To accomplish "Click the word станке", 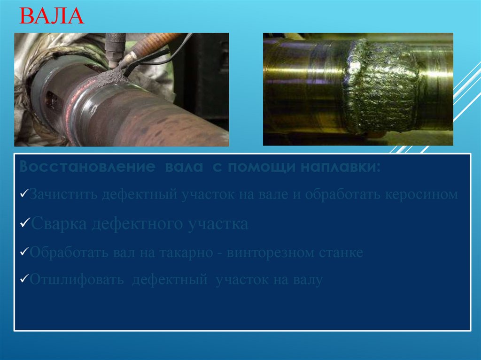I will [341, 253].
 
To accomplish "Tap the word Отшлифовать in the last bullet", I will [77, 280].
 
